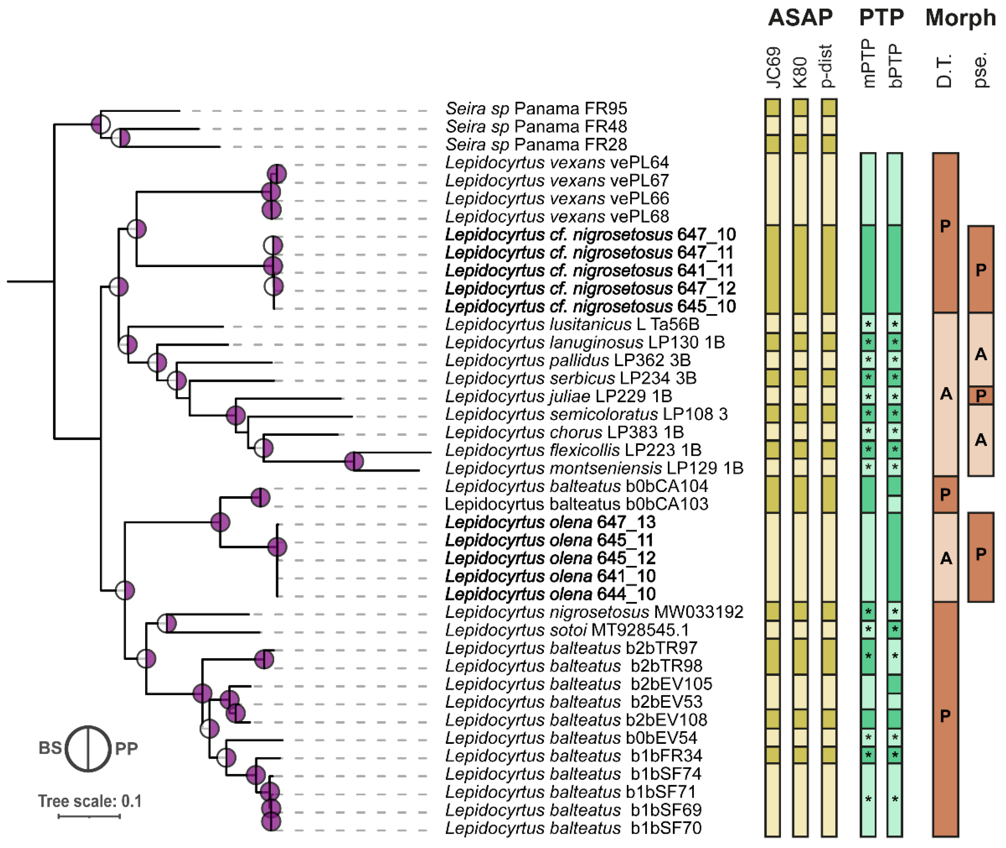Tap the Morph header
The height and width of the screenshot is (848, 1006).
tap(960, 18)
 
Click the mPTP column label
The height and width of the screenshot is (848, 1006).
tap(869, 63)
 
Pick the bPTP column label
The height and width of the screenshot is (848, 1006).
tap(895, 66)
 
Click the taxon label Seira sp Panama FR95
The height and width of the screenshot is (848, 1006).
tap(536, 108)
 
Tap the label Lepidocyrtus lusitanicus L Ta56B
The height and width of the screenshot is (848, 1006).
tap(572, 325)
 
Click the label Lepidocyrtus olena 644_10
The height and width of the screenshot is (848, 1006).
tap(550, 594)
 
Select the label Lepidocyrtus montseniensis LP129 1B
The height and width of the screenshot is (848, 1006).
tap(594, 468)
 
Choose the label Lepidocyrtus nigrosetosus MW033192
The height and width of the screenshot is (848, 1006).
tap(594, 612)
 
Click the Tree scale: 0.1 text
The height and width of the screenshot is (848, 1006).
tap(90, 801)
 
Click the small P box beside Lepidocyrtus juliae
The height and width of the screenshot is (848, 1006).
tap(980, 396)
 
